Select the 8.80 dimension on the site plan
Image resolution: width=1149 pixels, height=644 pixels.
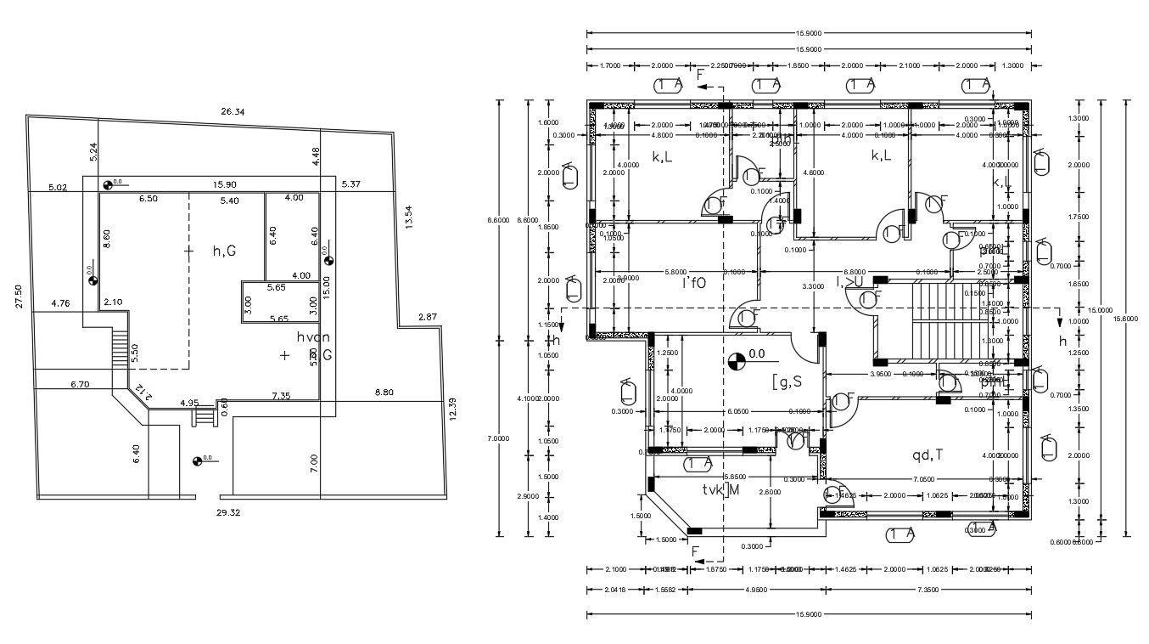[384, 393]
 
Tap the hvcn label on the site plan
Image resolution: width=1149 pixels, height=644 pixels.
[312, 337]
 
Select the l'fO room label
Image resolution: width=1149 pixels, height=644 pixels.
[693, 283]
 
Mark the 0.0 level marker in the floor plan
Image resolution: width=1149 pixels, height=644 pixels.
[737, 361]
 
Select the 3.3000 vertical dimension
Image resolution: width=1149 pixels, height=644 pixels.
[813, 287]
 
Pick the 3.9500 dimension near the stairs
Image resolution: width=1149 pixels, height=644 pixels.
[884, 374]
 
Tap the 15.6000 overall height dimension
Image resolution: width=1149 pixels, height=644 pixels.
[1127, 317]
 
